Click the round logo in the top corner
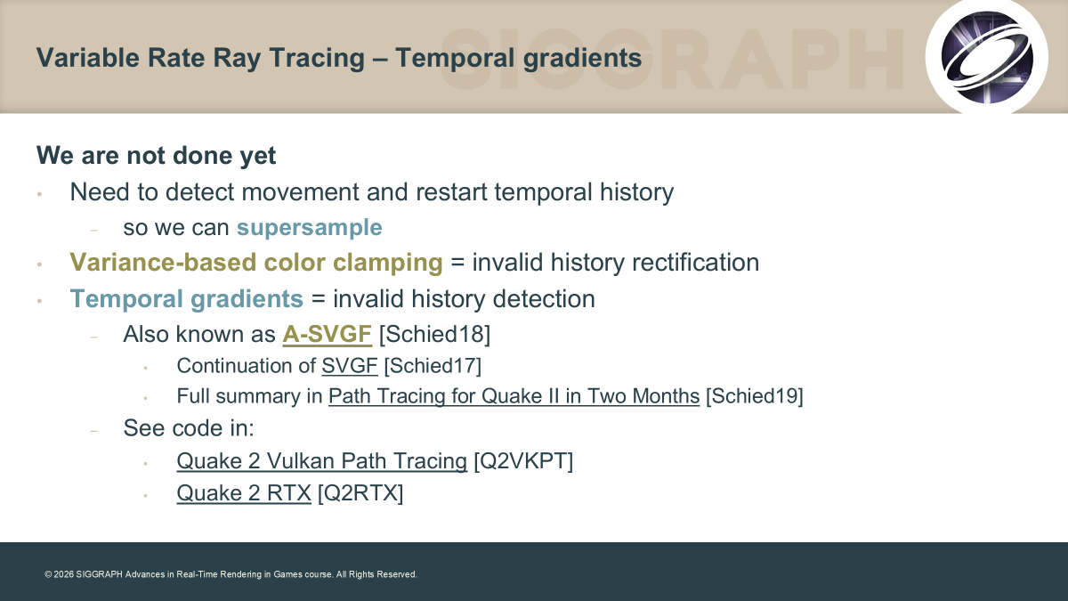click(x=987, y=57)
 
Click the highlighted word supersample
click(x=310, y=228)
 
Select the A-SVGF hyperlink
click(x=328, y=334)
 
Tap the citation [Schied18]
click(x=434, y=334)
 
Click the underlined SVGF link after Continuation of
click(x=350, y=366)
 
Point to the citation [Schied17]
click(x=433, y=366)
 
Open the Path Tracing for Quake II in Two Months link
click(x=514, y=396)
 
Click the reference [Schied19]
click(x=755, y=396)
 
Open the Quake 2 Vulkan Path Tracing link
click(x=322, y=461)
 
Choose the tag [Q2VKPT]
click(x=523, y=461)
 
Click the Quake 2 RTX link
click(x=244, y=493)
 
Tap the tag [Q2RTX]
click(x=360, y=493)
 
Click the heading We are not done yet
click(x=156, y=156)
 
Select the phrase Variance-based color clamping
click(x=256, y=263)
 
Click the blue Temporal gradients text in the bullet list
click(x=186, y=299)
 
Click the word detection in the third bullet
click(x=544, y=299)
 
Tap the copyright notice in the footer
click(x=231, y=574)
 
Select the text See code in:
click(x=189, y=428)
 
